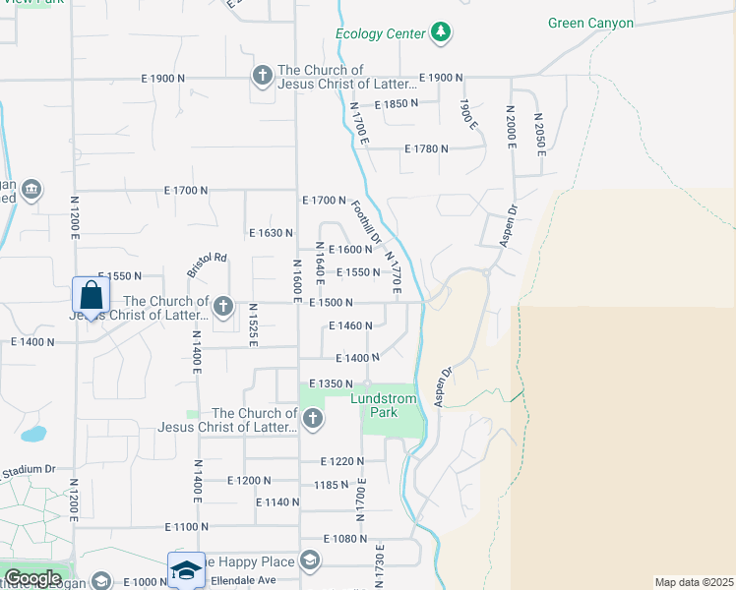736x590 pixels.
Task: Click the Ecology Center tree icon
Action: pos(442,33)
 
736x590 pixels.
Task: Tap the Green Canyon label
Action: pos(590,23)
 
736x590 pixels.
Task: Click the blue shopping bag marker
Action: pos(91,295)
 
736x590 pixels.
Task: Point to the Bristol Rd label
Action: pos(207,265)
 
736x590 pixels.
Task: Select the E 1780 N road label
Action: pos(426,148)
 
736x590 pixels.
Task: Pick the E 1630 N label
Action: pos(272,233)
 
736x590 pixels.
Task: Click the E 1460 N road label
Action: pos(350,325)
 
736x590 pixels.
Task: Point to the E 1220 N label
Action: pos(342,461)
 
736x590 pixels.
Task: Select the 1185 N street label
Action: pos(331,485)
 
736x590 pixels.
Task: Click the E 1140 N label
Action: pos(276,502)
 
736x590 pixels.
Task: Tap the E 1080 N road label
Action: pos(344,539)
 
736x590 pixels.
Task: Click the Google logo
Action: pos(32,578)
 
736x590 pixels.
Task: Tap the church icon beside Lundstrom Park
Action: pos(312,420)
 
